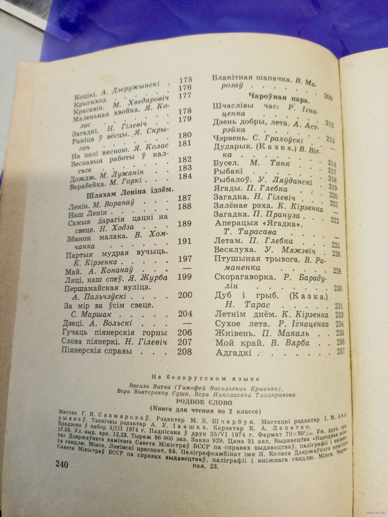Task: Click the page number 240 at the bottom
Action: (62, 464)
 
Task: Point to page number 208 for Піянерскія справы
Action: (184, 352)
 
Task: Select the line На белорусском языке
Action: (205, 377)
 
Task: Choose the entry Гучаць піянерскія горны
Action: (114, 333)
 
